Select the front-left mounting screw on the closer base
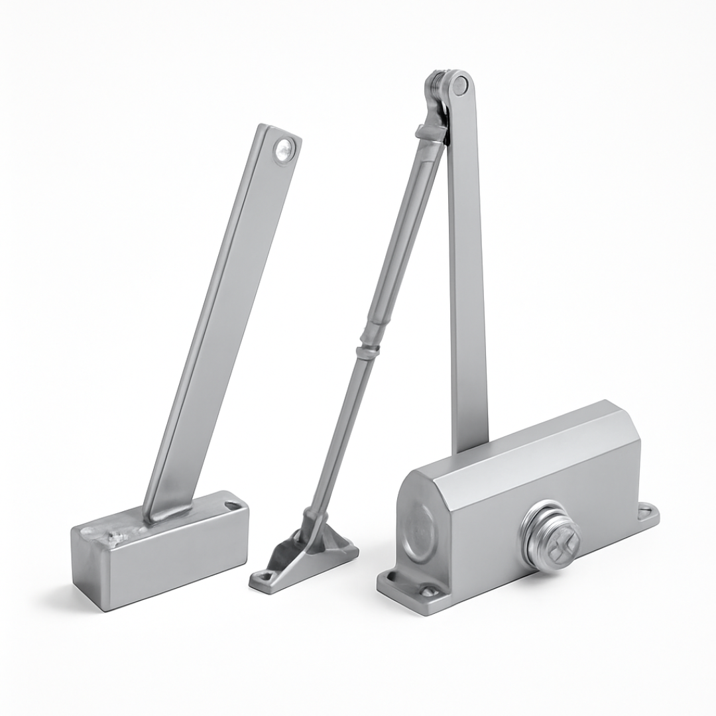pos(429,591)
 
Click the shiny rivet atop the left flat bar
pos(284,150)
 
